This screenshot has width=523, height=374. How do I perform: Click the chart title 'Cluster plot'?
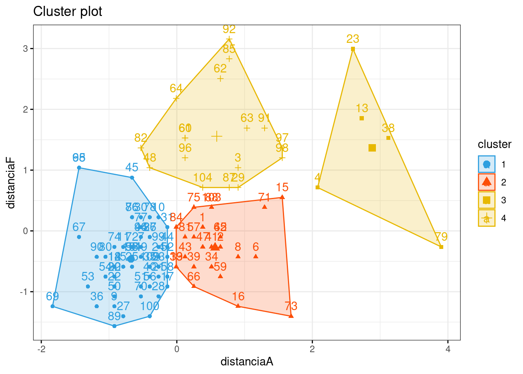68,12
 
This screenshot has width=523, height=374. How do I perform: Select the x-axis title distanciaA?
247,362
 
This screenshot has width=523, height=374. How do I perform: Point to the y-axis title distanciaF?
11,183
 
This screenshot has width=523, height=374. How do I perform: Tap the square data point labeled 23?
353,49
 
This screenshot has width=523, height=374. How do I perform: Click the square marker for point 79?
441,247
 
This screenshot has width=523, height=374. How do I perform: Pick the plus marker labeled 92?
229,39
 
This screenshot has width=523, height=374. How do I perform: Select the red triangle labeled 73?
291,316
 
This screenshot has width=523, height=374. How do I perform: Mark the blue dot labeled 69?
53,306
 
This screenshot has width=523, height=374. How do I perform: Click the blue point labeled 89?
114,326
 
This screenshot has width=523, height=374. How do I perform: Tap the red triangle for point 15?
282,197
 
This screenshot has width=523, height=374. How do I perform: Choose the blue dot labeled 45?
132,178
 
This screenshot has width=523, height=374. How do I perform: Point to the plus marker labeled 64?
176,99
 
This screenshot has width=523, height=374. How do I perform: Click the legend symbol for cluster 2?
486,182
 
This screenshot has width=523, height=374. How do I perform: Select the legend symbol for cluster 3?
486,200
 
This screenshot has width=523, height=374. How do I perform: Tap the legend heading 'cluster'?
494,145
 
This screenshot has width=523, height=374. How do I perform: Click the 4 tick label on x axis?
448,349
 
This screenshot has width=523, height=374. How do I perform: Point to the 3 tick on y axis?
25,49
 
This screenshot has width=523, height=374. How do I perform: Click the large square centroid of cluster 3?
372,148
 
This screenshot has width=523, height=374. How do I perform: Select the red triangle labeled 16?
238,306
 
